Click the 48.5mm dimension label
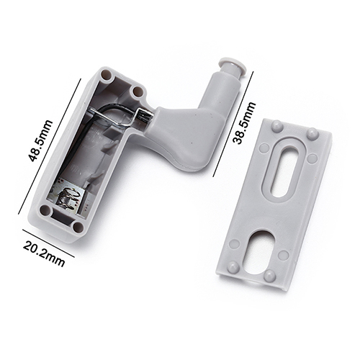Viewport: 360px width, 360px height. pos(40,140)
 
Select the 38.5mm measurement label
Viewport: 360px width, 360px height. pos(244,122)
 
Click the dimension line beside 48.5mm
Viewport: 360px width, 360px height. pos(50,146)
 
